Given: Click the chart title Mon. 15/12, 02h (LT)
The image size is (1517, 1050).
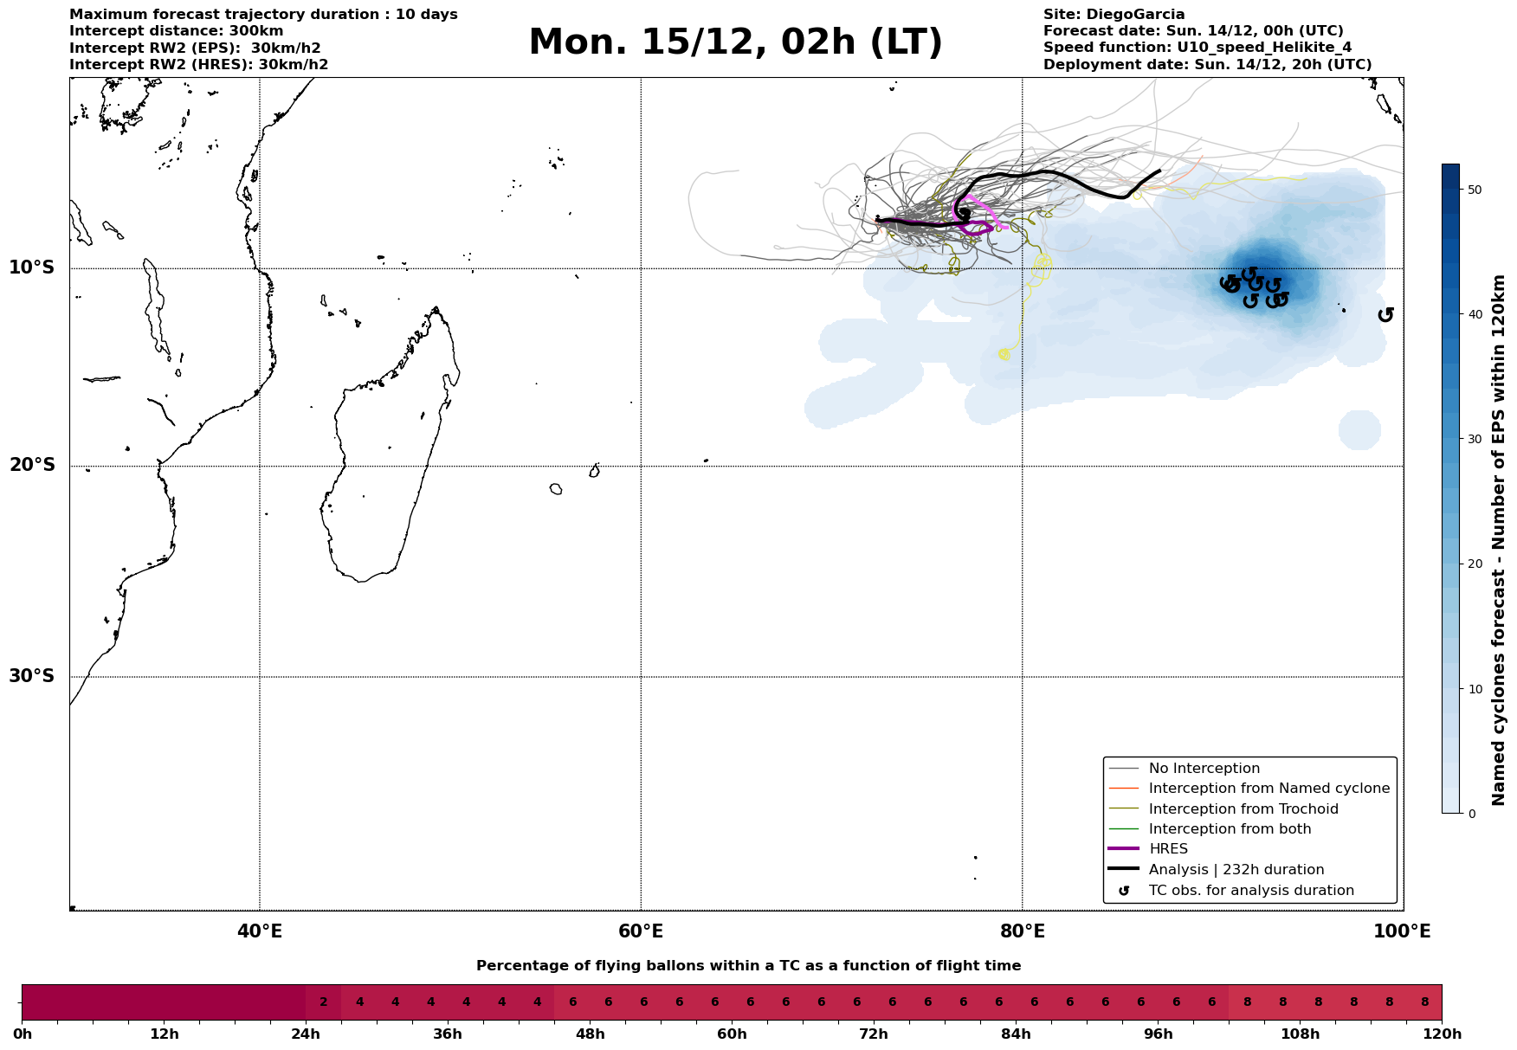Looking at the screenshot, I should (735, 42).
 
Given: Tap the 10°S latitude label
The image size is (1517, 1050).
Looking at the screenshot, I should (32, 267).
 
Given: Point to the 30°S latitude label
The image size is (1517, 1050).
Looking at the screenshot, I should (32, 676).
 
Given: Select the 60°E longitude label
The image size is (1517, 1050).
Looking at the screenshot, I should (641, 931).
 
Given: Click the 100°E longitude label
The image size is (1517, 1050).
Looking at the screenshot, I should (1403, 931).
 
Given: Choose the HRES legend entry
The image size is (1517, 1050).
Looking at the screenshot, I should (1168, 849).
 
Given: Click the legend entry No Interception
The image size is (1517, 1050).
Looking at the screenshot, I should (1204, 769).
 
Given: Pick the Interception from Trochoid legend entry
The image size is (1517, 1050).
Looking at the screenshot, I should (1243, 809).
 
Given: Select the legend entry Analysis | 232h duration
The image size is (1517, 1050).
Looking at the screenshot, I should (1236, 869).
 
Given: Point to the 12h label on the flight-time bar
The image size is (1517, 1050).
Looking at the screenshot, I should (164, 1034).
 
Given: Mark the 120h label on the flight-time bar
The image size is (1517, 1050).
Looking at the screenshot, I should (1441, 1034).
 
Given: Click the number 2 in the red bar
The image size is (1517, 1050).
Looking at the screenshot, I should (324, 1002).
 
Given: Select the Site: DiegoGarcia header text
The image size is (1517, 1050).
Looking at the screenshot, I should (1114, 15).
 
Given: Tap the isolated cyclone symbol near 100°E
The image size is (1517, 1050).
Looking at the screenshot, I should (1385, 314).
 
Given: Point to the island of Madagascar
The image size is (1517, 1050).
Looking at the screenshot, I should (390, 450).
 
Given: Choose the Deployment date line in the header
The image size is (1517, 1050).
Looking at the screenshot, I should (1207, 65).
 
